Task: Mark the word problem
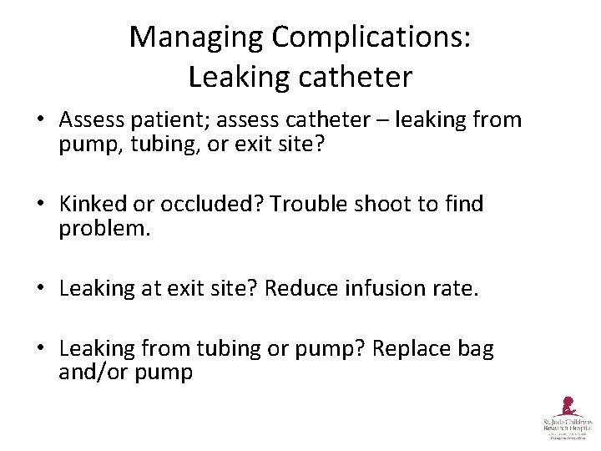[x=104, y=229]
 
